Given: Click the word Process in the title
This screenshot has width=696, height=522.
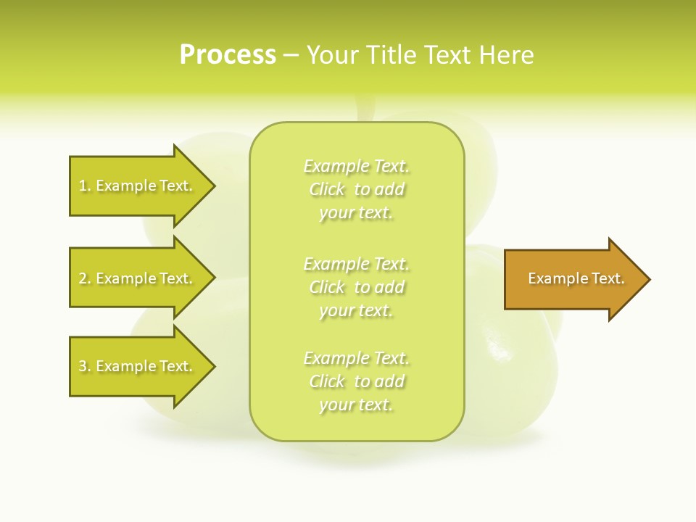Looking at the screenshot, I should click(228, 55).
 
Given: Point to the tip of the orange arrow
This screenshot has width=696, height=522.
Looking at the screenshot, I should click(647, 279).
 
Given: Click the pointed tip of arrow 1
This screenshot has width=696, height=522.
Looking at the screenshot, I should click(212, 186).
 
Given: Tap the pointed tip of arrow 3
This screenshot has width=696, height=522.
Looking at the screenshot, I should click(212, 366).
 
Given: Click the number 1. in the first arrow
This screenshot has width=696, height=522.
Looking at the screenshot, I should click(85, 186).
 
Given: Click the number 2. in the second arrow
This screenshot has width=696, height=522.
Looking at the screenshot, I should click(85, 278).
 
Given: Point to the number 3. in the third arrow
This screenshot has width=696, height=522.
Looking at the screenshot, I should click(85, 366).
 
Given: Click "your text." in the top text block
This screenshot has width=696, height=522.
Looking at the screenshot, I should click(356, 213).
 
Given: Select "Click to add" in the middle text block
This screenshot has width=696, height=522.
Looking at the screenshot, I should click(357, 287).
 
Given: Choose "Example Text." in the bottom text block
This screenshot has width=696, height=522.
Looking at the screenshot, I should click(357, 358).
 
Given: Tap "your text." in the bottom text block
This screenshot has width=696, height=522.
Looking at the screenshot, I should click(356, 405).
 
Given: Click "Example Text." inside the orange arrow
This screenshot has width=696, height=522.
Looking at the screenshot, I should click(576, 278).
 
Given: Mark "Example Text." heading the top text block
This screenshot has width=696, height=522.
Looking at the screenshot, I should click(357, 166).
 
